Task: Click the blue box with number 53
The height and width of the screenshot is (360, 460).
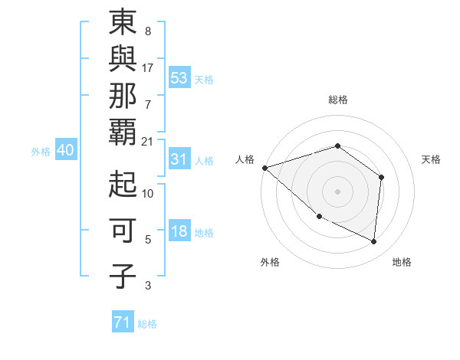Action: [179, 78]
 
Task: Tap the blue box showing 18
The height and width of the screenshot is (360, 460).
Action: [179, 232]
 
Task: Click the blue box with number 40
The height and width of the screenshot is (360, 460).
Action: [65, 151]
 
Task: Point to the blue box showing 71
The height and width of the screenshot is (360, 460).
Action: [123, 323]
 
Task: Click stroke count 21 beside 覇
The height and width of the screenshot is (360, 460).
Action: [148, 141]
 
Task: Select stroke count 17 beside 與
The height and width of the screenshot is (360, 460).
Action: [148, 67]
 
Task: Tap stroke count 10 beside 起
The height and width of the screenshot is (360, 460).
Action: [148, 194]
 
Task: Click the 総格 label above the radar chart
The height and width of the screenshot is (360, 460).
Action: [337, 100]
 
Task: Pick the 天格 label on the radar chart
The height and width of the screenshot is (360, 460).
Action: [431, 159]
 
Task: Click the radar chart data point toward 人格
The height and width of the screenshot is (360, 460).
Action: [264, 167]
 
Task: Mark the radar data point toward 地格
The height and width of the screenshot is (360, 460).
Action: [374, 241]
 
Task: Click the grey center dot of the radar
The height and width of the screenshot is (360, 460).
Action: [337, 191]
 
